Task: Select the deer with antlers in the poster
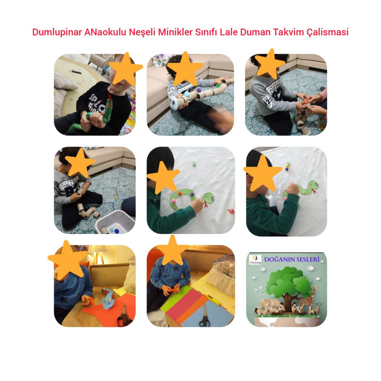pos(316,308)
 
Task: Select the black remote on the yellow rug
pos(76,70)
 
